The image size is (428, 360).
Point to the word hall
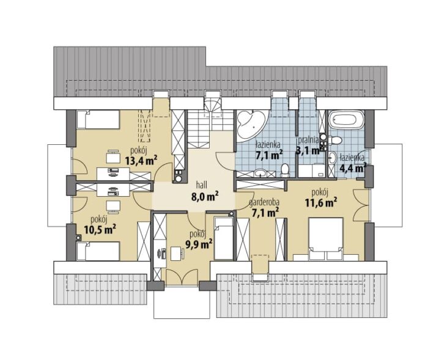pyautogui.click(x=201, y=185)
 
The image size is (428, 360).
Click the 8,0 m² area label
pyautogui.click(x=205, y=196)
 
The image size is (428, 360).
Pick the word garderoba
pyautogui.click(x=264, y=202)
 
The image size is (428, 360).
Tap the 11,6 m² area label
pyautogui.click(x=321, y=203)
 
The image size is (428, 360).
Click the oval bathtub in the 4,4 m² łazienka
pyautogui.click(x=347, y=120)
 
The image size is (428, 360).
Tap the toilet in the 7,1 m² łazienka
pyautogui.click(x=285, y=171)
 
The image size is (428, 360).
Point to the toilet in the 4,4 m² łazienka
pyautogui.click(x=336, y=141)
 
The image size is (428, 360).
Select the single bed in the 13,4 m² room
pyautogui.click(x=98, y=119)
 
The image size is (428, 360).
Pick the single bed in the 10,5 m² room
pyautogui.click(x=98, y=251)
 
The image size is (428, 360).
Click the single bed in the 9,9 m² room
pyautogui.click(x=224, y=238)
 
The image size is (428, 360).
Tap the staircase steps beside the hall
pyautogui.click(x=210, y=120)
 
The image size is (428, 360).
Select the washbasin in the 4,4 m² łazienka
pyautogui.click(x=332, y=158)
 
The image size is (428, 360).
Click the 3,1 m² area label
pyautogui.click(x=308, y=150)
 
